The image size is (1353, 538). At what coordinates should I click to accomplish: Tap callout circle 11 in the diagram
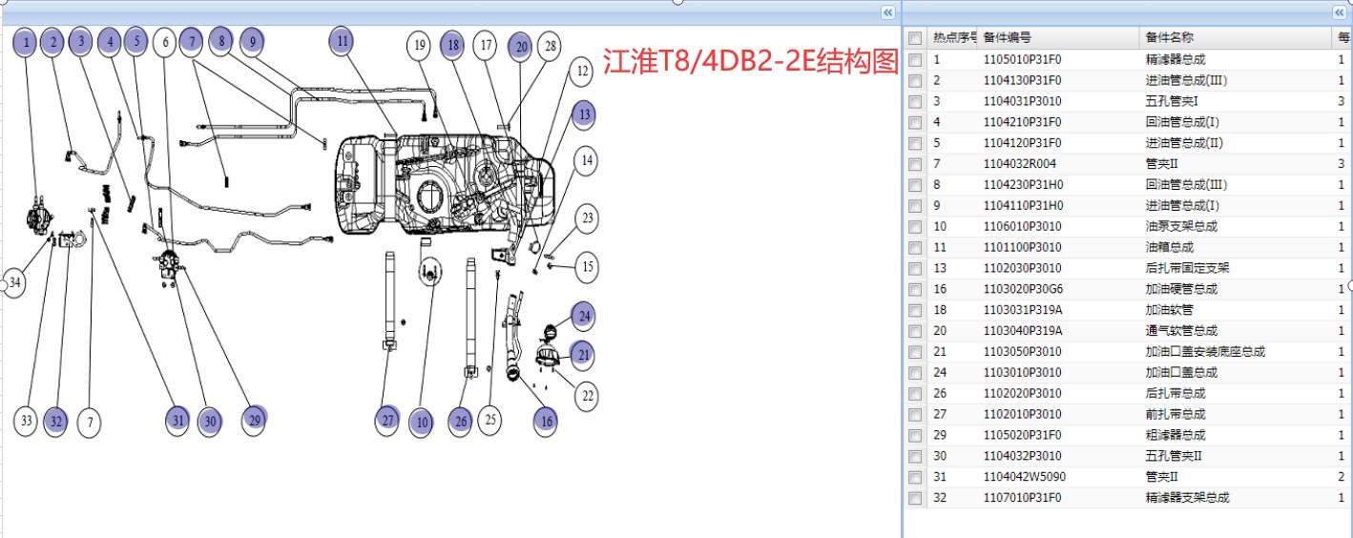point(343,42)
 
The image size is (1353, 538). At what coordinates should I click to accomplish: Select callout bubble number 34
point(13,283)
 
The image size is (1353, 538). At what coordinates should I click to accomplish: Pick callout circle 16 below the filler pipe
point(545,421)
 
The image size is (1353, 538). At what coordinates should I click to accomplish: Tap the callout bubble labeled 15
point(588,267)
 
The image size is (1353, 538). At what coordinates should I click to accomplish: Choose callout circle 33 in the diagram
point(26,421)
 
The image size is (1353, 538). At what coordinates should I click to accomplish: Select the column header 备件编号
point(1007,38)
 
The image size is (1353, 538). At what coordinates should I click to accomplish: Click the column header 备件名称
point(1169,38)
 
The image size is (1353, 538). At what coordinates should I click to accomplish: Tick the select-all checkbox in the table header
point(915,38)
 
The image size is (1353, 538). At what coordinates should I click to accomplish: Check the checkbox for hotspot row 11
point(915,248)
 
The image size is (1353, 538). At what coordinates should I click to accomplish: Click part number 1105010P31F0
point(1022,59)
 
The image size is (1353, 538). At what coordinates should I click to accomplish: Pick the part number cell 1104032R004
point(1019,164)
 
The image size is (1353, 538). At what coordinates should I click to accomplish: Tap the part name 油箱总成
point(1170,248)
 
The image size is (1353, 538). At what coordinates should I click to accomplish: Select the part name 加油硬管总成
point(1181,289)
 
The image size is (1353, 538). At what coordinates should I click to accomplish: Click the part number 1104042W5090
point(1024,477)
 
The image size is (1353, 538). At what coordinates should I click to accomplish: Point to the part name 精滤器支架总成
point(1187,498)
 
